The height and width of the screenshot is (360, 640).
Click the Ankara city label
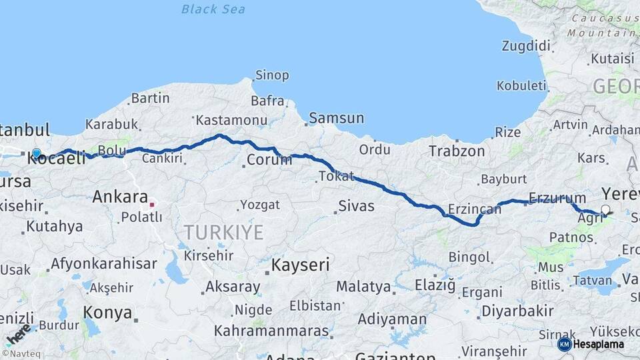click(x=120, y=197)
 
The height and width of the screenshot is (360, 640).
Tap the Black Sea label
click(x=213, y=9)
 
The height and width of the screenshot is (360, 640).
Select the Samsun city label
click(x=337, y=119)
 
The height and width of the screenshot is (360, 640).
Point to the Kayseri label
click(x=301, y=265)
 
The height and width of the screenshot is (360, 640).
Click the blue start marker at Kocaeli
click(x=36, y=153)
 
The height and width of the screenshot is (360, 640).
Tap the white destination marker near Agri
click(x=605, y=210)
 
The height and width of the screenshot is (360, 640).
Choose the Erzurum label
click(x=557, y=198)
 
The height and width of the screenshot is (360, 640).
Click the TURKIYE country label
click(x=224, y=233)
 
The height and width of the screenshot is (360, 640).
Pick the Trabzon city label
click(x=457, y=151)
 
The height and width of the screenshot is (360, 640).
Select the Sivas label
click(x=356, y=206)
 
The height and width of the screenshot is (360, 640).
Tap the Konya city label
click(x=107, y=312)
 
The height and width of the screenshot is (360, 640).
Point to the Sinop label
click(x=273, y=75)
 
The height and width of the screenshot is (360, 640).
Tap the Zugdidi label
click(x=527, y=46)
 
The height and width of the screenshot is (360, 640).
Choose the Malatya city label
click(x=363, y=287)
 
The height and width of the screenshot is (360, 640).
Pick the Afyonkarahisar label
click(x=103, y=263)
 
